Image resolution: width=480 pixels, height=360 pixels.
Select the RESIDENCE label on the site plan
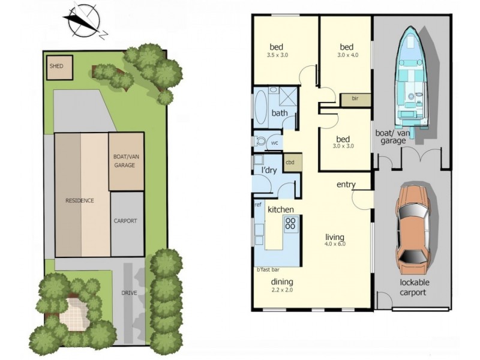tap(79, 200)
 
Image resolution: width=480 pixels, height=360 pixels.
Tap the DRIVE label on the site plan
tap(128, 293)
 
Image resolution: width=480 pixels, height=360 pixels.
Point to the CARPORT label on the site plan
tap(125, 221)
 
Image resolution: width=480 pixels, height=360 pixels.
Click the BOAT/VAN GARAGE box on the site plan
tap(126, 161)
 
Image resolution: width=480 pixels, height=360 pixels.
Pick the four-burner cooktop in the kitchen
tap(290, 224)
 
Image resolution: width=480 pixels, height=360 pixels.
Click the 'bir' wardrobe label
tap(355, 98)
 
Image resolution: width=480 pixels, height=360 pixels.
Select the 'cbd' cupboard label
tap(290, 163)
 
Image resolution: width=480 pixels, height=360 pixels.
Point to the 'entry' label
tap(346, 185)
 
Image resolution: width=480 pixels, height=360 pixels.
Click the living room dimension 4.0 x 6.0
tap(335, 244)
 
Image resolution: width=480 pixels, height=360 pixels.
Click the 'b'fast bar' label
tap(269, 270)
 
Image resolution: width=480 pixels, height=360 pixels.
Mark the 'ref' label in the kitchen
tap(258, 205)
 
